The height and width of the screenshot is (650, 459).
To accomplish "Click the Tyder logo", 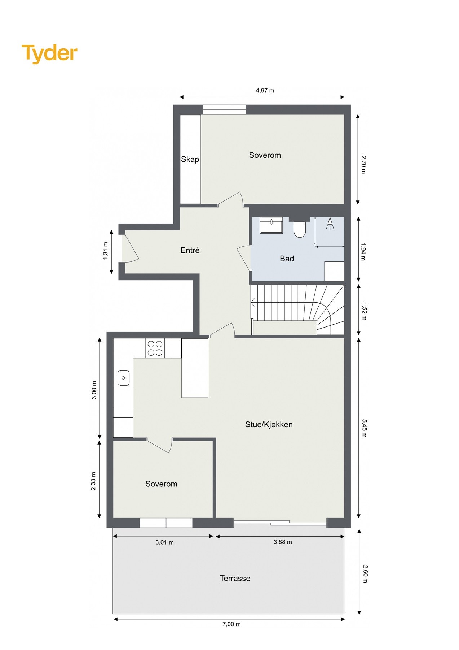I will [49, 53].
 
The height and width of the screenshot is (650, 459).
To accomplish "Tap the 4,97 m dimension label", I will [265, 91].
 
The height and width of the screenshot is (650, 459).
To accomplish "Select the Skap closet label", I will [190, 159].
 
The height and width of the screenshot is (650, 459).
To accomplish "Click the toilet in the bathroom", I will [299, 229].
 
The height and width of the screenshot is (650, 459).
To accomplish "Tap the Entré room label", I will [190, 250].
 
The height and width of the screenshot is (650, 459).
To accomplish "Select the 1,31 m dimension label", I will [106, 250].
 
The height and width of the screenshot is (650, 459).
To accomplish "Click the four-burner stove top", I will [155, 348].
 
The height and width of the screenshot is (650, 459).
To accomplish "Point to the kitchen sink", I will [123, 378].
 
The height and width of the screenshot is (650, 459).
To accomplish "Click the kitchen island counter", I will [195, 368].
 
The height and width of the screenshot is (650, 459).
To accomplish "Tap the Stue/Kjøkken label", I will [269, 425].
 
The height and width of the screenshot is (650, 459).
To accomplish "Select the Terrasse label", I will [235, 578].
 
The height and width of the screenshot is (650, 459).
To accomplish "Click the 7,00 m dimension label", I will [231, 624].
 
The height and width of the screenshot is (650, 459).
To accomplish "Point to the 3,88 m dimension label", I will [283, 542].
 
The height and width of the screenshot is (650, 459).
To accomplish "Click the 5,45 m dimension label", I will [363, 428].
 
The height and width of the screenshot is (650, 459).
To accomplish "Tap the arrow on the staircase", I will [253, 302].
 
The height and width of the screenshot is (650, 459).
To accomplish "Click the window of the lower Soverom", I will [166, 523].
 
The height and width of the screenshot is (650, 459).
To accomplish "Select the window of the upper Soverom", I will [224, 109].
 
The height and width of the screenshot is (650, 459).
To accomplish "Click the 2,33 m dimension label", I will [93, 481].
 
